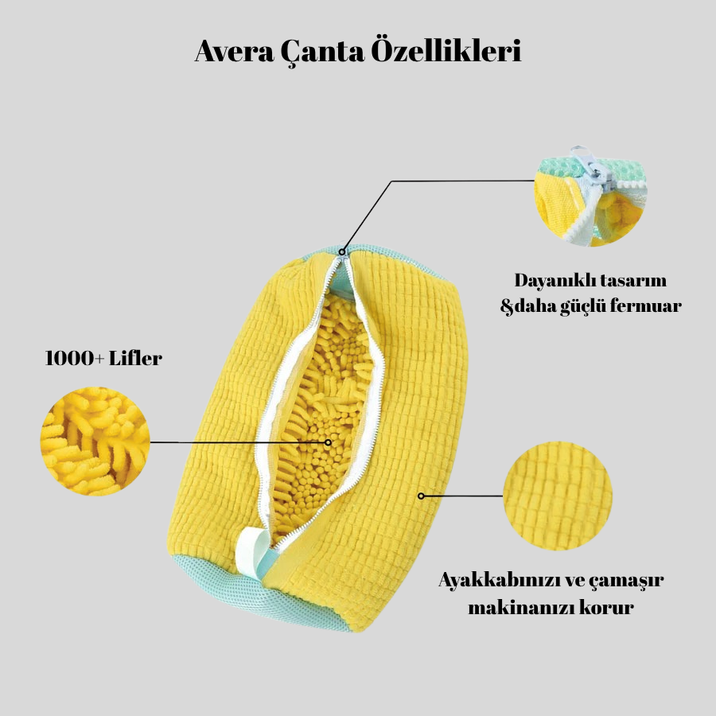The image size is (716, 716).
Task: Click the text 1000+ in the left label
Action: click(72, 358)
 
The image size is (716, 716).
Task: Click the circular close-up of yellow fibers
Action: click(95, 442)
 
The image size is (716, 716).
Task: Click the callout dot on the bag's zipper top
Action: click(343, 252)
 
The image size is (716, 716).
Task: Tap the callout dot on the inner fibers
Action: click(327, 442)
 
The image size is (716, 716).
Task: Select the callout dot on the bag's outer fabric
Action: click(421, 496)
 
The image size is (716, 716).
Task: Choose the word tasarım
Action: click(632, 281)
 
